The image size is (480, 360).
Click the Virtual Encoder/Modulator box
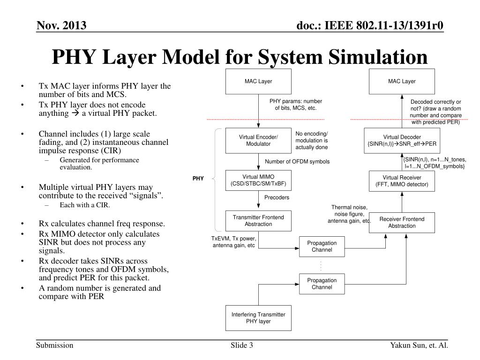tap(258, 140)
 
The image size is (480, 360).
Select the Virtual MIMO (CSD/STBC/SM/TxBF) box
tap(258, 181)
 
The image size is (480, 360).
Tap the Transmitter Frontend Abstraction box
tap(258, 221)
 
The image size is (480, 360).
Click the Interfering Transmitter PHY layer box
tap(258, 318)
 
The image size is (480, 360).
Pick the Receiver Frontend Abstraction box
tap(402, 223)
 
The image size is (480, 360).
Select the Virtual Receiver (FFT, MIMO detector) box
tap(402, 181)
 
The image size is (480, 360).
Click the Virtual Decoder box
tap(402, 140)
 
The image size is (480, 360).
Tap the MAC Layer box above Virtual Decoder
tap(402, 82)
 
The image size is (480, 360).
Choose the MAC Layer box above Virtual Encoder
tap(258, 82)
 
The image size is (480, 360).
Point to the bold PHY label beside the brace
tap(198, 179)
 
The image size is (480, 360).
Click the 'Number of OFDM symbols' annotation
tap(297, 162)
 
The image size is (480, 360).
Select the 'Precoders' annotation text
tap(277, 198)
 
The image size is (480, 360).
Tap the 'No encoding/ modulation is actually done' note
tap(311, 140)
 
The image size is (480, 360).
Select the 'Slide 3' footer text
tap(242, 346)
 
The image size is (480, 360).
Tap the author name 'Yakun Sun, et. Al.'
tap(419, 346)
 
